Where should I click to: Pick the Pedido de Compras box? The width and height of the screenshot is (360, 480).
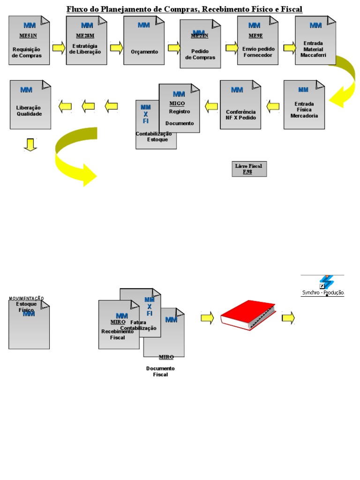pos(200,43)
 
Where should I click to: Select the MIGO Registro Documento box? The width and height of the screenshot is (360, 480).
pos(179,109)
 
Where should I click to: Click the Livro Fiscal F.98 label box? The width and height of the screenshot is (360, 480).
pos(249,169)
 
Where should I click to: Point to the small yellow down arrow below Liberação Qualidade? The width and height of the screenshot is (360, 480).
pos(30,145)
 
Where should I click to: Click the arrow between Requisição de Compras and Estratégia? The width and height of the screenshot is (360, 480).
pos(58,47)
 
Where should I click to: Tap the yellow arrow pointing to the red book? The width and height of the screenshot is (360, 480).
pos(207,318)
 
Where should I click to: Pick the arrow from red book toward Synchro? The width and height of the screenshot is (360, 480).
pos(288,318)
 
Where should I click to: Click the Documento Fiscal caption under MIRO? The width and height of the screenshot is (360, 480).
pos(160,371)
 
